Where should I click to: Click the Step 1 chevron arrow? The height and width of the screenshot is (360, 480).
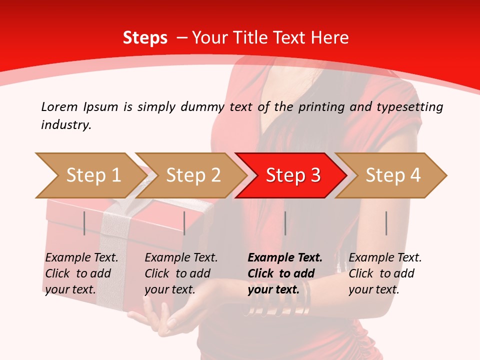coord(90,175)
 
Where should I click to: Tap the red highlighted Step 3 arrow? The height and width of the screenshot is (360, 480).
coord(291,175)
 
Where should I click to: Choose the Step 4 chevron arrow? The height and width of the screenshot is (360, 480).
coord(391,175)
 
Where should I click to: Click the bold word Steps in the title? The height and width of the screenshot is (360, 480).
coord(145,37)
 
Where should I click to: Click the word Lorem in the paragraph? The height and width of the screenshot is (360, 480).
coord(58,106)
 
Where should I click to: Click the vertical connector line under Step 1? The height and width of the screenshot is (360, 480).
coord(84,223)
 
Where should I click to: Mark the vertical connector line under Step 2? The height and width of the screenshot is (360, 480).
coord(184,223)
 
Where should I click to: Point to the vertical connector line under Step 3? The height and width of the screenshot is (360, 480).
coord(285,223)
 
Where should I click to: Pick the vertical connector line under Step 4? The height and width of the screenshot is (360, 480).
coord(386,223)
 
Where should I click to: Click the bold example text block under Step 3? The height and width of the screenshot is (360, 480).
coord(284,273)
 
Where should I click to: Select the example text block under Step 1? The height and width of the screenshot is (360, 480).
coord(81,273)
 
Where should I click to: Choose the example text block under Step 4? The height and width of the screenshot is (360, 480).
coord(385,273)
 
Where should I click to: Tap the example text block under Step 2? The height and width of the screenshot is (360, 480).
coord(181,273)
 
